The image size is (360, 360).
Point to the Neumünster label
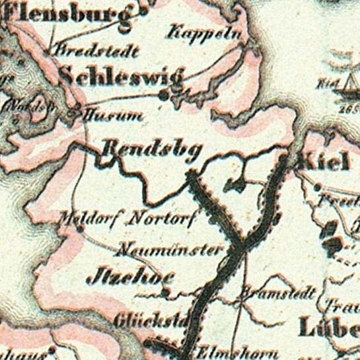click(179, 250)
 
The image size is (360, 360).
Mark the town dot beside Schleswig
click(164, 96)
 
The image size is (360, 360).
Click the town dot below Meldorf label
click(80, 229)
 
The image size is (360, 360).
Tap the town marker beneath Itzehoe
click(167, 291)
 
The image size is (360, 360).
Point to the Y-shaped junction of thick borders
click(241, 241)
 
